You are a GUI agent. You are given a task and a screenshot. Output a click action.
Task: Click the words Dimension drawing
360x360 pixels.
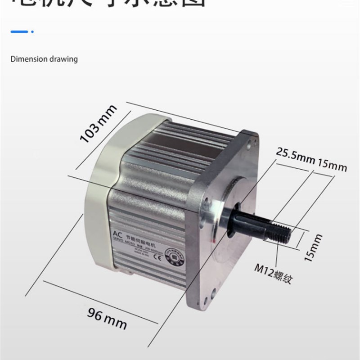pos(44,59)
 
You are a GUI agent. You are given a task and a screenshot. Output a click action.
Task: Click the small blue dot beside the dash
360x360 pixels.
pos(33,31)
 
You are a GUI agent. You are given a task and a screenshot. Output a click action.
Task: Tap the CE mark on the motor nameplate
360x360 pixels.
pos(157,258)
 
